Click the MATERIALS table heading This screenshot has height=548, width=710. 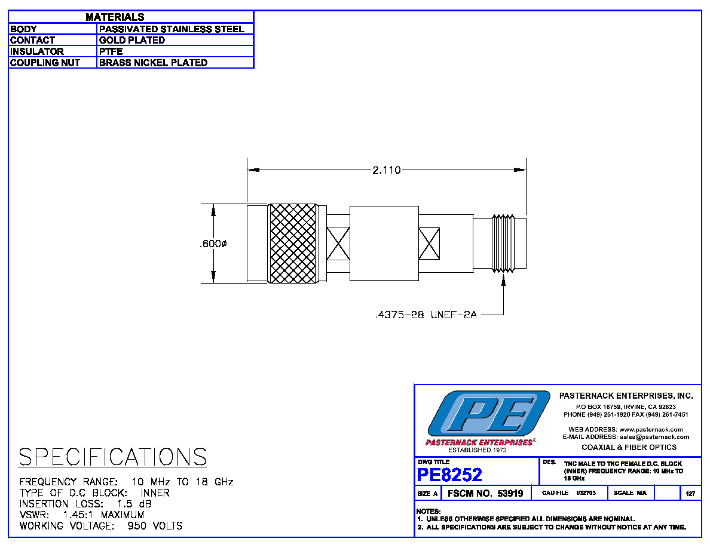(115, 17)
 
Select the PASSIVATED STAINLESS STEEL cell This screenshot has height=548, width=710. (172, 29)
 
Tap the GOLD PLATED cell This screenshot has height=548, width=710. (132, 40)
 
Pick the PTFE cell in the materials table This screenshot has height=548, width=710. (111, 51)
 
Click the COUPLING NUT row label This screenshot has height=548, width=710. (45, 63)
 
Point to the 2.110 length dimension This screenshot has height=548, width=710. (386, 170)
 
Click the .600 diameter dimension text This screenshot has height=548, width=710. (213, 244)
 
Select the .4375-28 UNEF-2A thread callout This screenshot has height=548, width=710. (427, 315)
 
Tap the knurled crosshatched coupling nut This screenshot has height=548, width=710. (293, 244)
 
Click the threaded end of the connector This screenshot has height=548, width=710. (503, 244)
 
